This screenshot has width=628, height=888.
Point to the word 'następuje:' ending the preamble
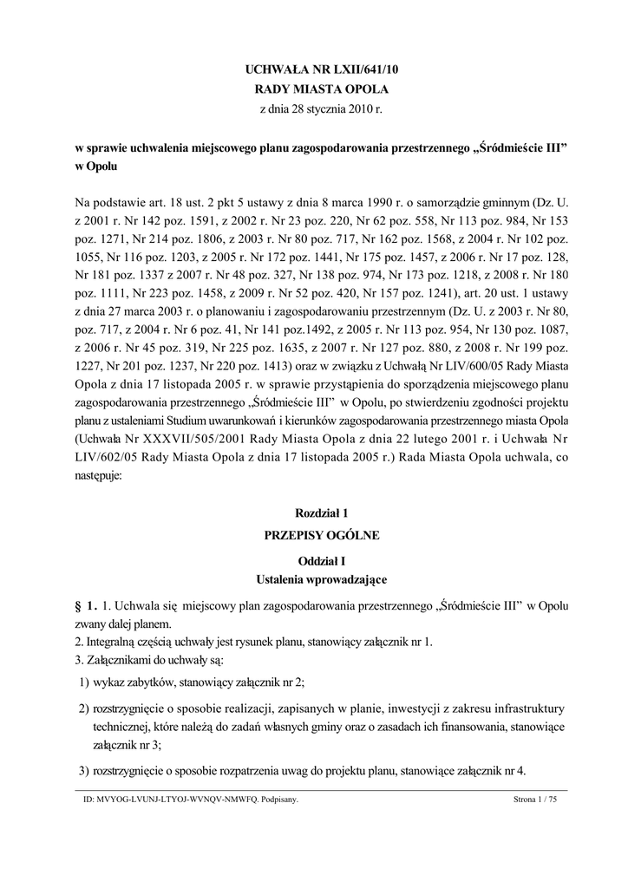point(99,475)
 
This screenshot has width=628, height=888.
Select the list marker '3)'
point(85,771)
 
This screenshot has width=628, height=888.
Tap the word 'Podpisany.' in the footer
point(278,802)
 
